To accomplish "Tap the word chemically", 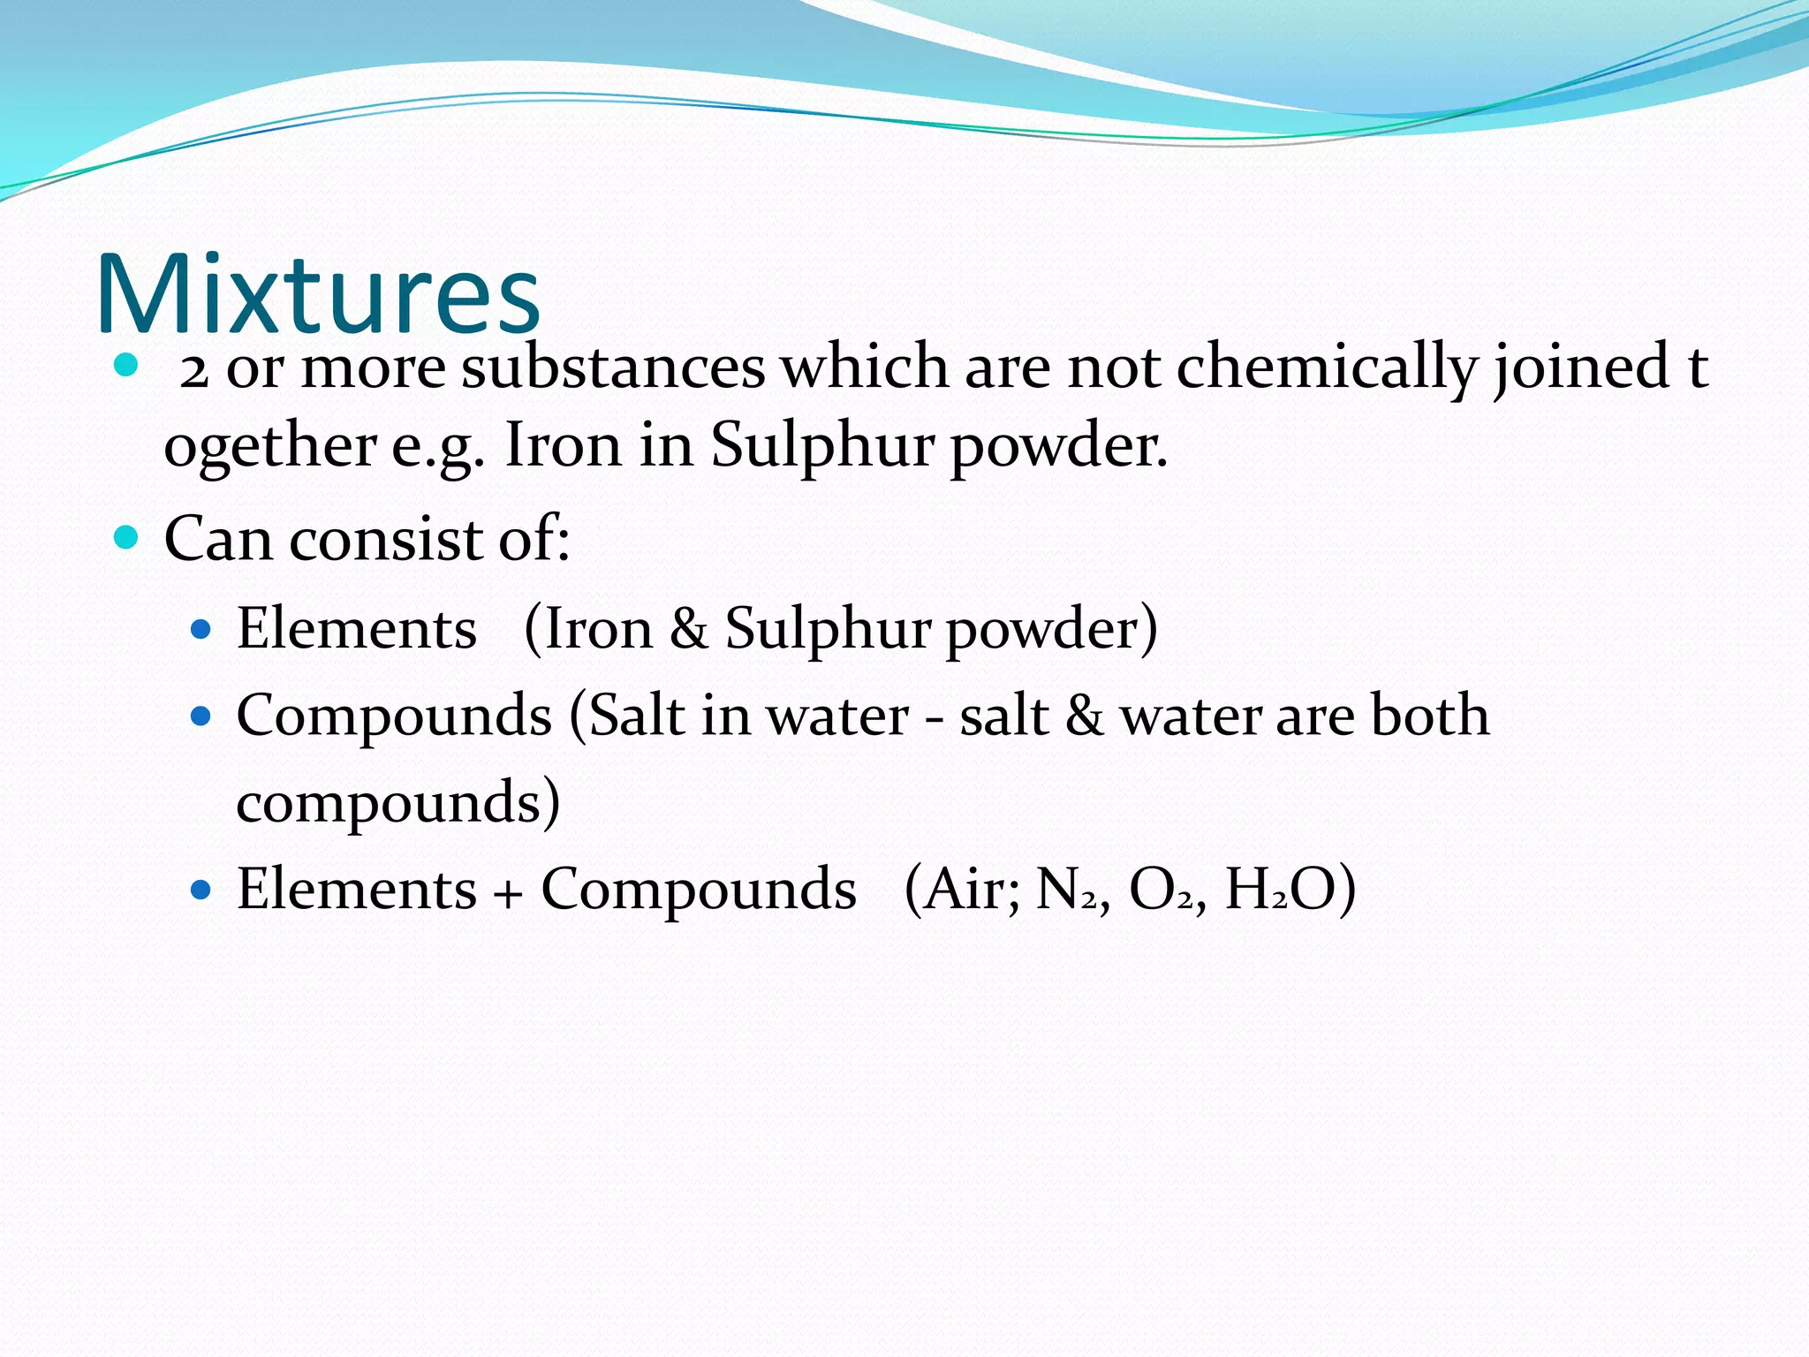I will tap(1326, 368).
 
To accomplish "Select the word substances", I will tap(613, 368).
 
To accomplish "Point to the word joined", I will tap(1581, 368).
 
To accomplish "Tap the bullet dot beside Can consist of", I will tap(126, 536).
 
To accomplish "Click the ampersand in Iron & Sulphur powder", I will tap(689, 629).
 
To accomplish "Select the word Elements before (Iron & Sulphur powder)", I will tap(357, 629).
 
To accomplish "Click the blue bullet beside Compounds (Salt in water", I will tap(202, 715).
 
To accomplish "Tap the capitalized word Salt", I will tap(637, 715).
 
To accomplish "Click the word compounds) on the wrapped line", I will tap(397, 802).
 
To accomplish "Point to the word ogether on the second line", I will tap(270, 446).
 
